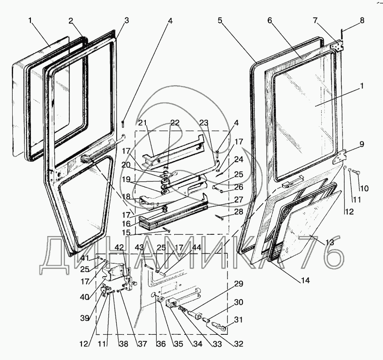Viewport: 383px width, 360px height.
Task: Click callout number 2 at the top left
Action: coord(71,21)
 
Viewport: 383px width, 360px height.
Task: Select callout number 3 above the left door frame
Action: coord(126,20)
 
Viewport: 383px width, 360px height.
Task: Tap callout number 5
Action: coord(220,20)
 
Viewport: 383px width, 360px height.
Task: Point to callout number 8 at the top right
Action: coord(362,20)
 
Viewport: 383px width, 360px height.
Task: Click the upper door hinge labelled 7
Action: coord(337,46)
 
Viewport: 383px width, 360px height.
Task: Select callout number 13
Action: coord(329,242)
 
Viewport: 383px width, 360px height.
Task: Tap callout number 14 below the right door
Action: coord(306,280)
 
